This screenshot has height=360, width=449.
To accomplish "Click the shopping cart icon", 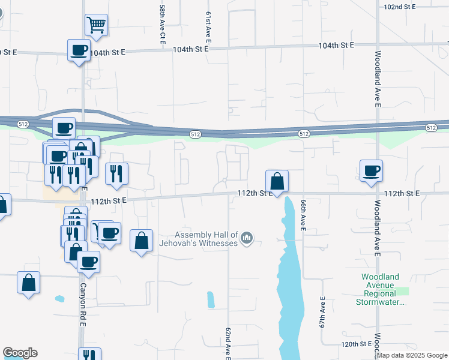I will coord(96,25).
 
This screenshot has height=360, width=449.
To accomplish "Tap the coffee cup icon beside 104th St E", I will coord(79,50).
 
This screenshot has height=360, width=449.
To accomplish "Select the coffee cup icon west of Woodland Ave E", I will coord(371,171).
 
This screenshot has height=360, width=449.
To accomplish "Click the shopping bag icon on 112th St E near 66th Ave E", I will coord(277,181).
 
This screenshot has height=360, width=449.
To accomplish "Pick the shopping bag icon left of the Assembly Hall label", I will coord(141,241).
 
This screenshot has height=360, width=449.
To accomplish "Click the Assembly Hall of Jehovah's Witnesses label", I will coord(206,239).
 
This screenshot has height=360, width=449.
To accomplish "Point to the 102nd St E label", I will coord(400,7).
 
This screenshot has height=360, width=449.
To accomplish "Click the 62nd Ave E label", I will coord(229,344).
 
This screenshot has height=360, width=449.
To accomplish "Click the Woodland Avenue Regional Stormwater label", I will coord(379,289).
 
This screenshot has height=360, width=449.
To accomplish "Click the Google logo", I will coord(20,353).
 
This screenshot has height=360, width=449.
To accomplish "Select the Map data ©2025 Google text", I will coord(412,355).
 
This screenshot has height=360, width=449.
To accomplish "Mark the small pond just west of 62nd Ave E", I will coord(210,299).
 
